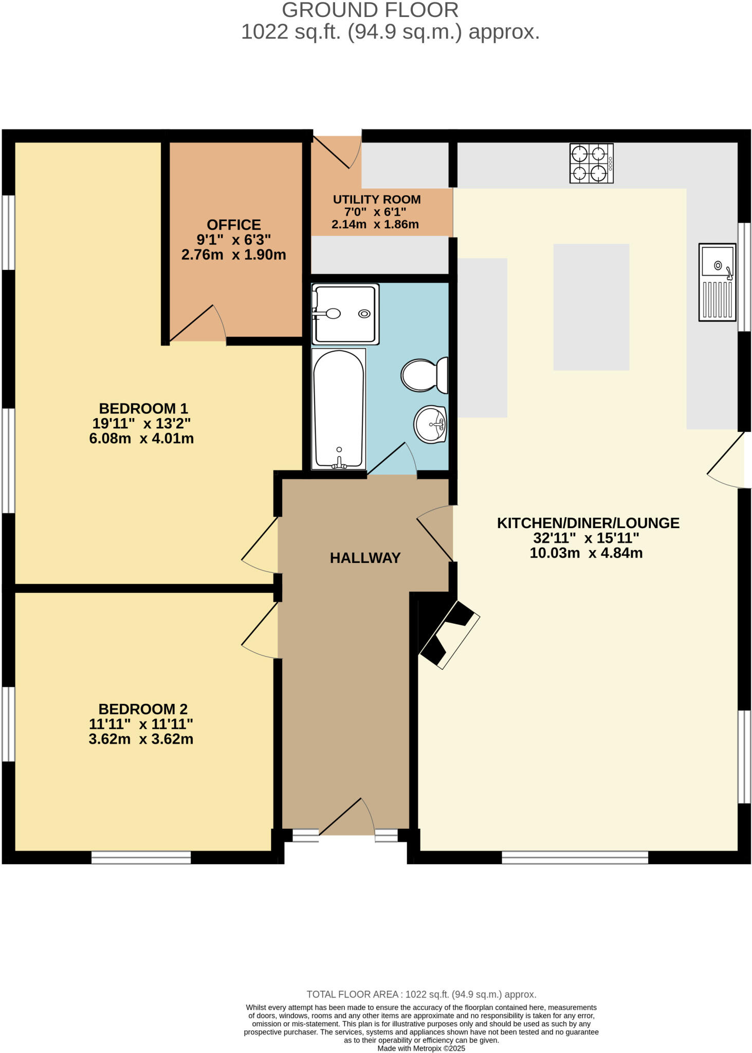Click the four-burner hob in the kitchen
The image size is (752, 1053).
coord(591,164)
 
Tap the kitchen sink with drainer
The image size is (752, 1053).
coord(717,282)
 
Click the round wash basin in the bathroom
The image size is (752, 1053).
coord(430,424)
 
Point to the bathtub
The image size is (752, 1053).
coord(339,409)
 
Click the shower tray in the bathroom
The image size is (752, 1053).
coord(345,314)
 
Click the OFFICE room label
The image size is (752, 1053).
coord(234,225)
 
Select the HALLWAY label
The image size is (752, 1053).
coord(365,558)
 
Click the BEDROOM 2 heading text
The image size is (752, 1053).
coord(143,709)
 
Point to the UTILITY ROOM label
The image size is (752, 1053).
coord(377,199)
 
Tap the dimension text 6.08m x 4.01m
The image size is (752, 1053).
coord(141,439)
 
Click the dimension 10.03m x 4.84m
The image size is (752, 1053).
coord(586,553)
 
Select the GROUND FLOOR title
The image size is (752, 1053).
coord(370,10)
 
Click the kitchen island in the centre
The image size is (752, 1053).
coord(591,307)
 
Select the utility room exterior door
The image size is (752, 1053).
coord(337,152)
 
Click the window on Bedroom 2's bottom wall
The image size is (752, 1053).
coord(141,857)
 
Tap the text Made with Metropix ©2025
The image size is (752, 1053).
coord(421,1048)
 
